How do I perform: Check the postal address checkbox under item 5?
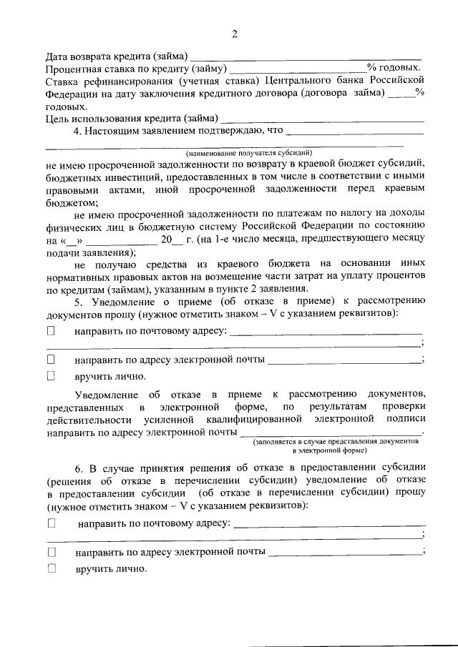coord(51,331)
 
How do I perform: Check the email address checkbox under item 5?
coord(51,359)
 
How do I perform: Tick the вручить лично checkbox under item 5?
coord(51,375)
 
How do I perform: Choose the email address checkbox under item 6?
coord(51,552)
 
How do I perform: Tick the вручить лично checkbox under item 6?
coord(51,568)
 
